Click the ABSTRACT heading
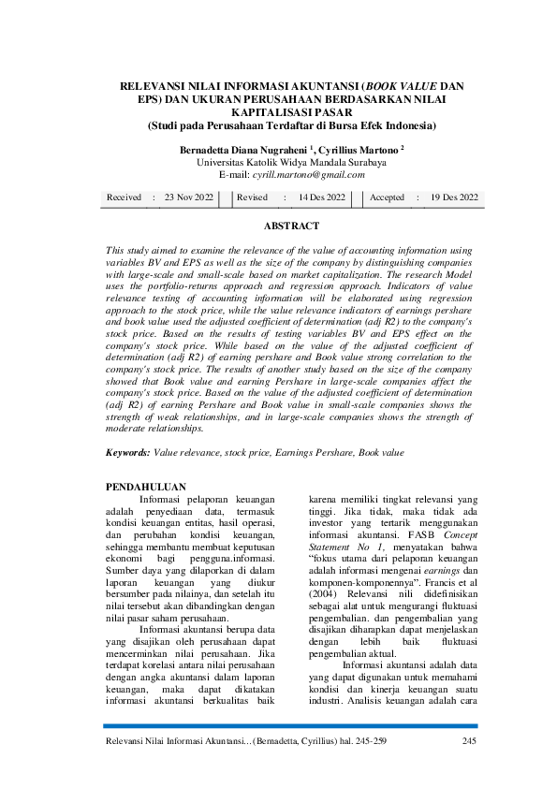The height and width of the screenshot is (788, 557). pos(291,226)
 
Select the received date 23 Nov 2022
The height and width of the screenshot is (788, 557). pos(188,197)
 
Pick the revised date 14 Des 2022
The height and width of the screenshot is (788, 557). pos(321,197)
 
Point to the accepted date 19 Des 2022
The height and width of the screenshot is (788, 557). pos(454,197)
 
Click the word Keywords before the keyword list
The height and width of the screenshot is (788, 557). pos(127,452)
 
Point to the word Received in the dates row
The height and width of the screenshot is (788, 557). pos(124,197)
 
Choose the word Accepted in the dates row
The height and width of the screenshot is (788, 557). pos(387,197)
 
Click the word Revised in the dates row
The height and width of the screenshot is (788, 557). pos(253,197)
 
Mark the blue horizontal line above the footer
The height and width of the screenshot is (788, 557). pos(290,726)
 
